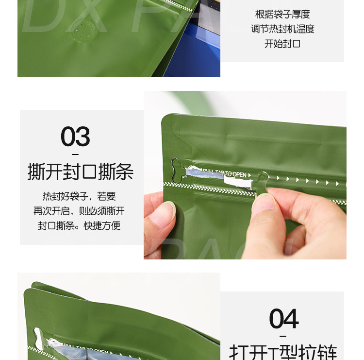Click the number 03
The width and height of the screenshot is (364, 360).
click(75, 137)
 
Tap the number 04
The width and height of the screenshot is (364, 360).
click(284, 319)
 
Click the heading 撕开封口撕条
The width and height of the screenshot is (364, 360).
click(81, 172)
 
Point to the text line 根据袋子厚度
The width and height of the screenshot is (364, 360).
click(282, 15)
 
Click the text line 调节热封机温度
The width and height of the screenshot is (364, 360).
click(282, 29)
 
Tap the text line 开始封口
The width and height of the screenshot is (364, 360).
click(282, 44)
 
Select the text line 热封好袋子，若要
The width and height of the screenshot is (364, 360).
click(79, 197)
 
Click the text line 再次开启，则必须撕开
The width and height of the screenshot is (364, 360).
click(79, 211)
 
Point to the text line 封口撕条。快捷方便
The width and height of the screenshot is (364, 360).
click(79, 226)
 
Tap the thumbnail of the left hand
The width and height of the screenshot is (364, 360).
click(166, 214)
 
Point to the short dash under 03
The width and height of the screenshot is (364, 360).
click(75, 154)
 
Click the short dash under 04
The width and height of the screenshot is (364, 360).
click(283, 336)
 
